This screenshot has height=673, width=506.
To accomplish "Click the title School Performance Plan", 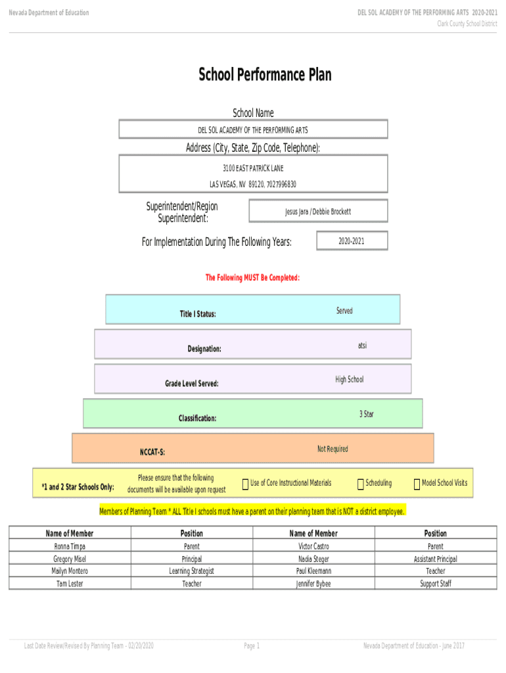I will [x=265, y=75].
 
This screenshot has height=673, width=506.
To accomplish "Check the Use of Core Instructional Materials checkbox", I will [x=245, y=485].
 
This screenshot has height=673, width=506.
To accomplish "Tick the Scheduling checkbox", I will [x=361, y=485].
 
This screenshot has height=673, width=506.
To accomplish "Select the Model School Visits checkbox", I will [x=417, y=485].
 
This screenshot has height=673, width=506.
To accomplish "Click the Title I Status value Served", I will [x=344, y=311].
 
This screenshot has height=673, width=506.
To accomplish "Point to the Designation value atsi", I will [x=363, y=345].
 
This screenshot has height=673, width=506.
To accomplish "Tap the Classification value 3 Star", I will [x=366, y=414].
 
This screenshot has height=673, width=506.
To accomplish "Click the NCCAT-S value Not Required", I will [x=333, y=449].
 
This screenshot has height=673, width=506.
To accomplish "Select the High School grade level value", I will [x=349, y=379].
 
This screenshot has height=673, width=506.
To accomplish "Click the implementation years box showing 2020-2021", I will [x=352, y=241].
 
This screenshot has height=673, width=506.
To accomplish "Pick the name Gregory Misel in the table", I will [x=70, y=559].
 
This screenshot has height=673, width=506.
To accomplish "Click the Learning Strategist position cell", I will [x=191, y=571].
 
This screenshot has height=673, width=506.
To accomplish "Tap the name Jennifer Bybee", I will [x=313, y=584].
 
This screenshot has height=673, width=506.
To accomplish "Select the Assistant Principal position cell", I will [x=435, y=559].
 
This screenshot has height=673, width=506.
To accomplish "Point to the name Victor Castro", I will [x=313, y=546].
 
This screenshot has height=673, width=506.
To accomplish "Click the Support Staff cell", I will [x=435, y=584].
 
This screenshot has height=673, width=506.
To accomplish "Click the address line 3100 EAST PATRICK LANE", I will [x=253, y=169].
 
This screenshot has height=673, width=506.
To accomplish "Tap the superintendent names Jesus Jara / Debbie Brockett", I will [x=318, y=212].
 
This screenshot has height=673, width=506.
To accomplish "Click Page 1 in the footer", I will [x=252, y=646].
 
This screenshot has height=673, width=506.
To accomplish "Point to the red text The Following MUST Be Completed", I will [x=253, y=278].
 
